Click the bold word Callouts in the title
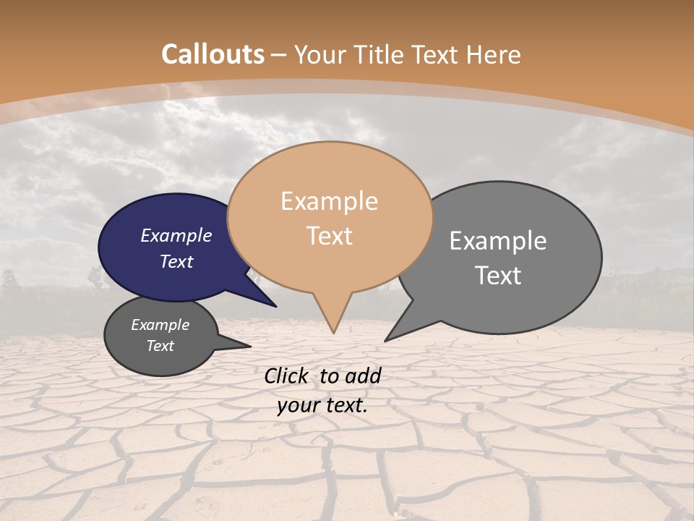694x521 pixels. (x=213, y=54)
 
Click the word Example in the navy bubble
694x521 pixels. (x=176, y=235)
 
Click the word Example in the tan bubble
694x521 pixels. (x=329, y=201)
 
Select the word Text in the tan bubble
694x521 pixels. (x=329, y=236)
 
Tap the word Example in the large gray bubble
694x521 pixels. (x=497, y=241)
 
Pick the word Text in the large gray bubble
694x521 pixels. (x=497, y=275)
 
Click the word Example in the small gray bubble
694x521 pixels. (x=160, y=325)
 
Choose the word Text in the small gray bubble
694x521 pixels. (x=160, y=346)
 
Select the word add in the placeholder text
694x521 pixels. (x=364, y=376)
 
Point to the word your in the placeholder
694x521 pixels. (x=298, y=405)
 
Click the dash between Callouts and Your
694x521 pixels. (x=279, y=55)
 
